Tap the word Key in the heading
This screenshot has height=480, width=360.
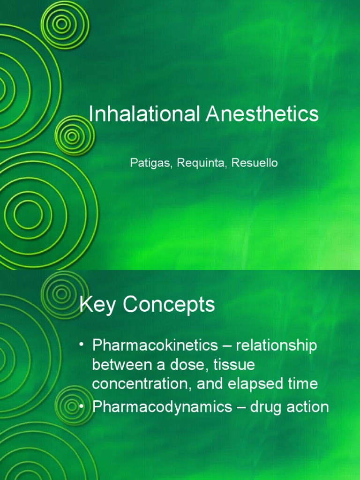pyautogui.click(x=97, y=306)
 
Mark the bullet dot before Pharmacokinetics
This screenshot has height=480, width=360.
pyautogui.click(x=82, y=345)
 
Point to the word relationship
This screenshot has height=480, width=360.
pyautogui.click(x=277, y=346)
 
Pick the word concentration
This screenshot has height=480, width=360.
pyautogui.click(x=142, y=384)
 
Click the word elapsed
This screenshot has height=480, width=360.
pyautogui.click(x=256, y=384)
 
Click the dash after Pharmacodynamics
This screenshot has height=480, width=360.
pyautogui.click(x=241, y=407)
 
